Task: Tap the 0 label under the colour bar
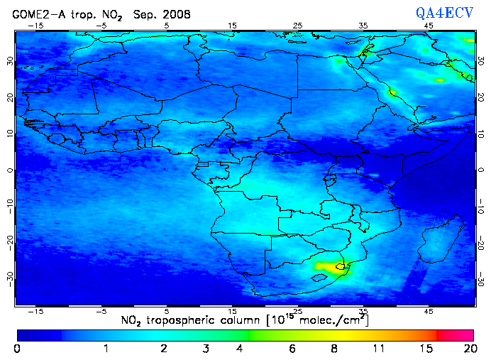pyautogui.click(x=17, y=349)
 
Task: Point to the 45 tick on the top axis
pyautogui.click(x=429, y=26)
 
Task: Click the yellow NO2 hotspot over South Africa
pyautogui.click(x=328, y=268)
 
